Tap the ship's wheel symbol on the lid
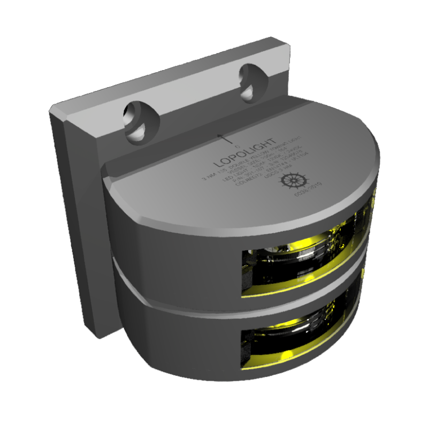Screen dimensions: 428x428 (293, 180)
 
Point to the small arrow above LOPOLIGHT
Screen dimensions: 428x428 (225, 139)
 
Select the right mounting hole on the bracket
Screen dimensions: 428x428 (250, 83)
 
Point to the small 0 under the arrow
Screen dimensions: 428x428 (238, 146)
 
